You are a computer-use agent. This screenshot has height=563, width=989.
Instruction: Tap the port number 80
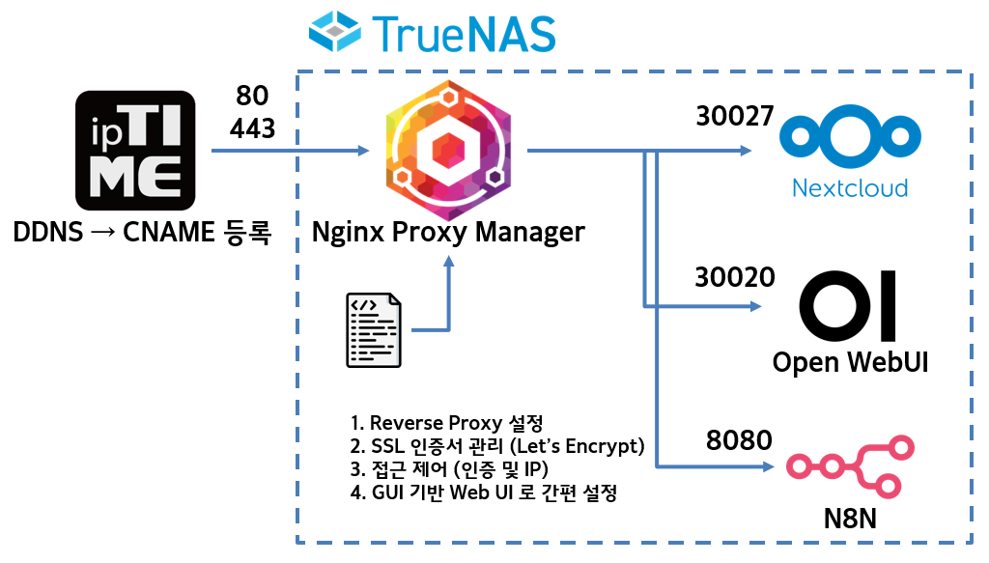coord(252,96)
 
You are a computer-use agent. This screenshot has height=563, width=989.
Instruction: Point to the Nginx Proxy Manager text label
coord(448,232)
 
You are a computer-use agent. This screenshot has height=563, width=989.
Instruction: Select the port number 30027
coord(735,117)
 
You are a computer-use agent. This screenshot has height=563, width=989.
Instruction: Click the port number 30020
coord(735,278)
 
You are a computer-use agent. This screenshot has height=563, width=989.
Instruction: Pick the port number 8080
coord(739,440)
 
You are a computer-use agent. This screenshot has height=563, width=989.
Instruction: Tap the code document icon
coord(375,330)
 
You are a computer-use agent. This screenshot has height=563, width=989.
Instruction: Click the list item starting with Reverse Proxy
coord(447,423)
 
